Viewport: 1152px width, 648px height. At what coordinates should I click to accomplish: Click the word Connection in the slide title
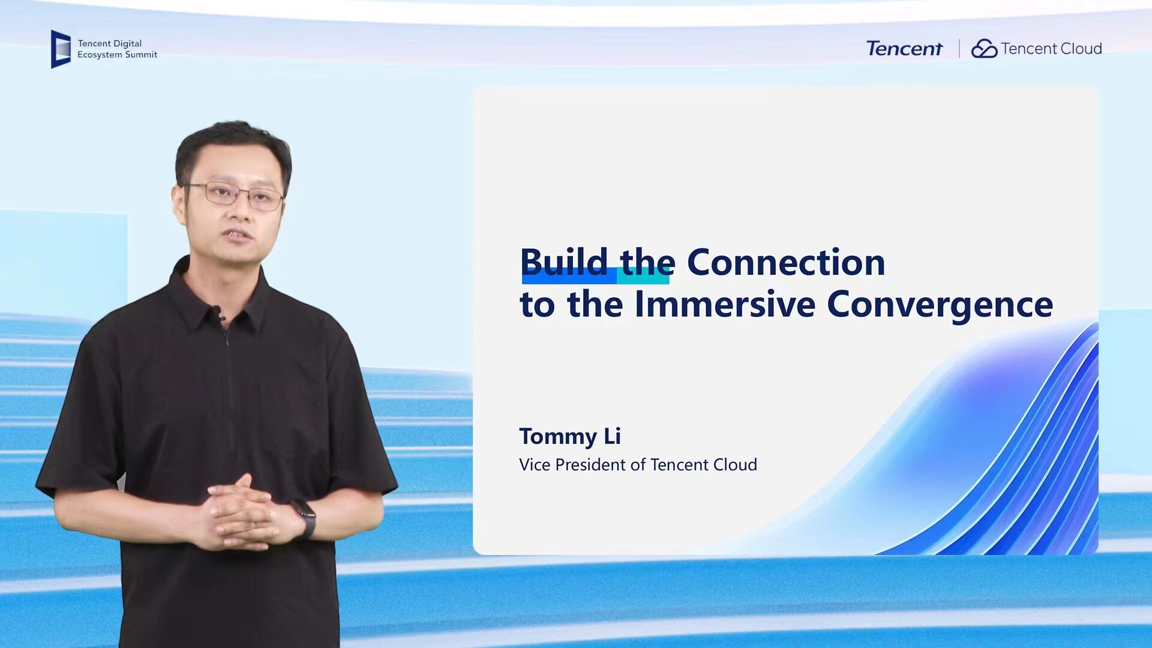point(786,262)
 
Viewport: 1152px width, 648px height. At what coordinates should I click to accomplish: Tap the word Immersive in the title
point(725,304)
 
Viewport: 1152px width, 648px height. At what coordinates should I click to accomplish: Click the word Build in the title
point(564,262)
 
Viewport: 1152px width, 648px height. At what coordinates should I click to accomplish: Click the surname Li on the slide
point(613,436)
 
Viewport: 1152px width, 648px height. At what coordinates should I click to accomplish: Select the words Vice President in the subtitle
point(572,464)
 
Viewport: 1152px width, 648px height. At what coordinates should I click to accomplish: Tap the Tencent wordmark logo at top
point(904,49)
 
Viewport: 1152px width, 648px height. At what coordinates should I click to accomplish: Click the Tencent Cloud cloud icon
point(984,49)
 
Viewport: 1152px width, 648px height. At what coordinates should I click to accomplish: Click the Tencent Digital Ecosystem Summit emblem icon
point(61,49)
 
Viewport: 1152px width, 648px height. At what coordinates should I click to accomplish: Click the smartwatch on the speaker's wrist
point(305,518)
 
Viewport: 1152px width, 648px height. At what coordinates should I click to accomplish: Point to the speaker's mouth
point(239,235)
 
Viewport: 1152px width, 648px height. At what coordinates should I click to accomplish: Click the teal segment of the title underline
point(643,277)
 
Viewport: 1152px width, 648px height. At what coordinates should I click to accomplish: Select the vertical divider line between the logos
point(959,49)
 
